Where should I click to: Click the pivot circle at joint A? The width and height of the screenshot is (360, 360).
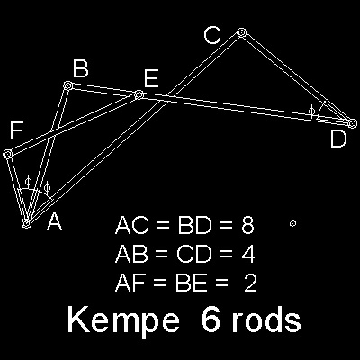pyautogui.click(x=27, y=224)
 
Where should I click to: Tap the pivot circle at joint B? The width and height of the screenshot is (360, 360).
pyautogui.click(x=67, y=85)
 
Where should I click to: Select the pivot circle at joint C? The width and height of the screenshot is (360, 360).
pyautogui.click(x=241, y=32)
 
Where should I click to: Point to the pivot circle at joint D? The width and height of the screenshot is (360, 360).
pyautogui.click(x=353, y=123)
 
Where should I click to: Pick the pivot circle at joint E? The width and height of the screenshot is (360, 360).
pyautogui.click(x=139, y=95)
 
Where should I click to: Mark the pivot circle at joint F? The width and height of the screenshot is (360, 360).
pyautogui.click(x=7, y=154)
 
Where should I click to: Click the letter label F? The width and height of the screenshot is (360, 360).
pyautogui.click(x=16, y=130)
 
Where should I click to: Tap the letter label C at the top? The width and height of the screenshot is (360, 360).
pyautogui.click(x=212, y=35)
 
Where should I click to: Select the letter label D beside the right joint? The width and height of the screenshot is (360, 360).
pyautogui.click(x=338, y=139)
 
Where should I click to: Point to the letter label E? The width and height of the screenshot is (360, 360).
pyautogui.click(x=151, y=78)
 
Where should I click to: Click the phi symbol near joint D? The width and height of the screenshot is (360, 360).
pyautogui.click(x=312, y=112)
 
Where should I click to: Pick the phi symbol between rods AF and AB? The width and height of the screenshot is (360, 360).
pyautogui.click(x=28, y=181)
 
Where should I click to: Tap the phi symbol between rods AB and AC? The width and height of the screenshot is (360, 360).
pyautogui.click(x=47, y=187)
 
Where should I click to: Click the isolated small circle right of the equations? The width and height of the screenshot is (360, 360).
pyautogui.click(x=293, y=223)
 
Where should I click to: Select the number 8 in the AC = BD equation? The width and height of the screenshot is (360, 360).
pyautogui.click(x=247, y=225)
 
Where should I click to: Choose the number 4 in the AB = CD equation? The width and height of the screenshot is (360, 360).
pyautogui.click(x=248, y=255)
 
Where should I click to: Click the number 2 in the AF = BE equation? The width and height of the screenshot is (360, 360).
pyautogui.click(x=250, y=283)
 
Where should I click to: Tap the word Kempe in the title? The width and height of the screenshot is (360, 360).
pyautogui.click(x=123, y=320)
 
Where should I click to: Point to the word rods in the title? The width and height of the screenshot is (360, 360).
pyautogui.click(x=266, y=319)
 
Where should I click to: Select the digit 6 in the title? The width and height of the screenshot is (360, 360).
pyautogui.click(x=211, y=319)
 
